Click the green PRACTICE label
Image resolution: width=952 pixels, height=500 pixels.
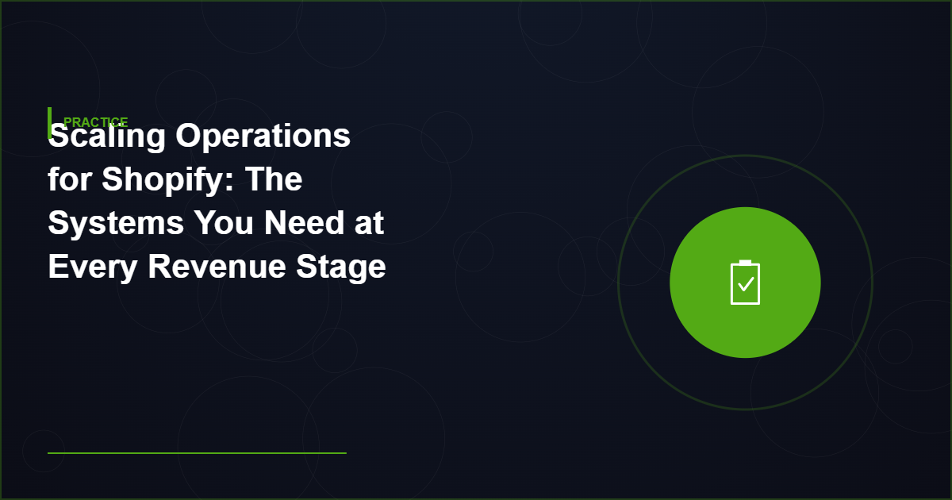(x=96, y=122)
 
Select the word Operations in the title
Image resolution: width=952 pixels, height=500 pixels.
(x=263, y=136)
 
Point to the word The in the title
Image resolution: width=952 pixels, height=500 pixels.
(x=274, y=179)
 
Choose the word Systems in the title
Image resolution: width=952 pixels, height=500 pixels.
(x=116, y=223)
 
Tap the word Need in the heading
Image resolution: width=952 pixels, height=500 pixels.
(x=304, y=223)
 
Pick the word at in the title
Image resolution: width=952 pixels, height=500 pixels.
(x=370, y=224)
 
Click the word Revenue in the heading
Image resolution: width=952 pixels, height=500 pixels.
(x=217, y=267)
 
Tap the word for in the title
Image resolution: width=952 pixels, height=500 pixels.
(x=69, y=179)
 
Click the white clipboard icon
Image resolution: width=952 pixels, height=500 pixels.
(x=745, y=283)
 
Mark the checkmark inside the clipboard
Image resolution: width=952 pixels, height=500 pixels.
(x=746, y=284)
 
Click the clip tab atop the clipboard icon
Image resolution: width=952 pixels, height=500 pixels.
(x=745, y=263)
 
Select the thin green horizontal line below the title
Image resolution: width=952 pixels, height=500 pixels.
(x=197, y=453)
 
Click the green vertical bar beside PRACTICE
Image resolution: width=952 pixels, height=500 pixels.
(x=50, y=123)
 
